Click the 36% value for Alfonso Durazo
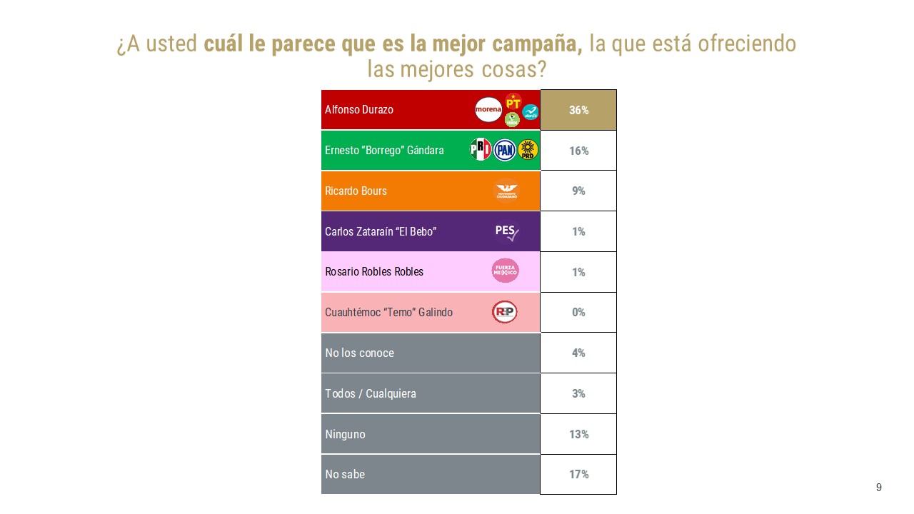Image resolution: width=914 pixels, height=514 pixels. coord(578,110)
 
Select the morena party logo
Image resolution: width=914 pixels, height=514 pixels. coord(488,109)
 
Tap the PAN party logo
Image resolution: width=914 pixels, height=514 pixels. coord(505,150)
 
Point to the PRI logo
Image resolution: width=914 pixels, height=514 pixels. coord(481,150)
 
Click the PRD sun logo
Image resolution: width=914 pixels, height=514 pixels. coord(528,150)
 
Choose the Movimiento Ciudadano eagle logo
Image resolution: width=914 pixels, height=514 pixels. coord(507,191)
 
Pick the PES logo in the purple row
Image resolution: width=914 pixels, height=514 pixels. coord(506,231)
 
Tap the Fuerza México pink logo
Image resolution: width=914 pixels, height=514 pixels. coord(506,271)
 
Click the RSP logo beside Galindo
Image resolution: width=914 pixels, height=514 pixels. coord(505,312)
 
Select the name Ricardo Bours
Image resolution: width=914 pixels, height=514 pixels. coord(356,191)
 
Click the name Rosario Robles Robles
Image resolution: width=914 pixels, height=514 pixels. coord(374,272)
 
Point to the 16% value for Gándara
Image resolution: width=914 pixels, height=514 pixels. coord(578,151)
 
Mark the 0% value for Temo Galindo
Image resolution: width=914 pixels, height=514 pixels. coord(578,312)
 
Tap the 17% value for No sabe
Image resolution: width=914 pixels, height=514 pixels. coord(578,474)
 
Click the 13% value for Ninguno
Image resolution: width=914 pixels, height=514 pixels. coord(578,433)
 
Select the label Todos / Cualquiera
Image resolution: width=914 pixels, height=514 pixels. coord(371,393)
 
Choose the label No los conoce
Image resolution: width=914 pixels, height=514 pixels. coord(359,353)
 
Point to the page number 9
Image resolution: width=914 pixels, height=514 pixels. coord(879,488)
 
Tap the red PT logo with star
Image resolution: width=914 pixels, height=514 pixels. coord(513,101)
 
